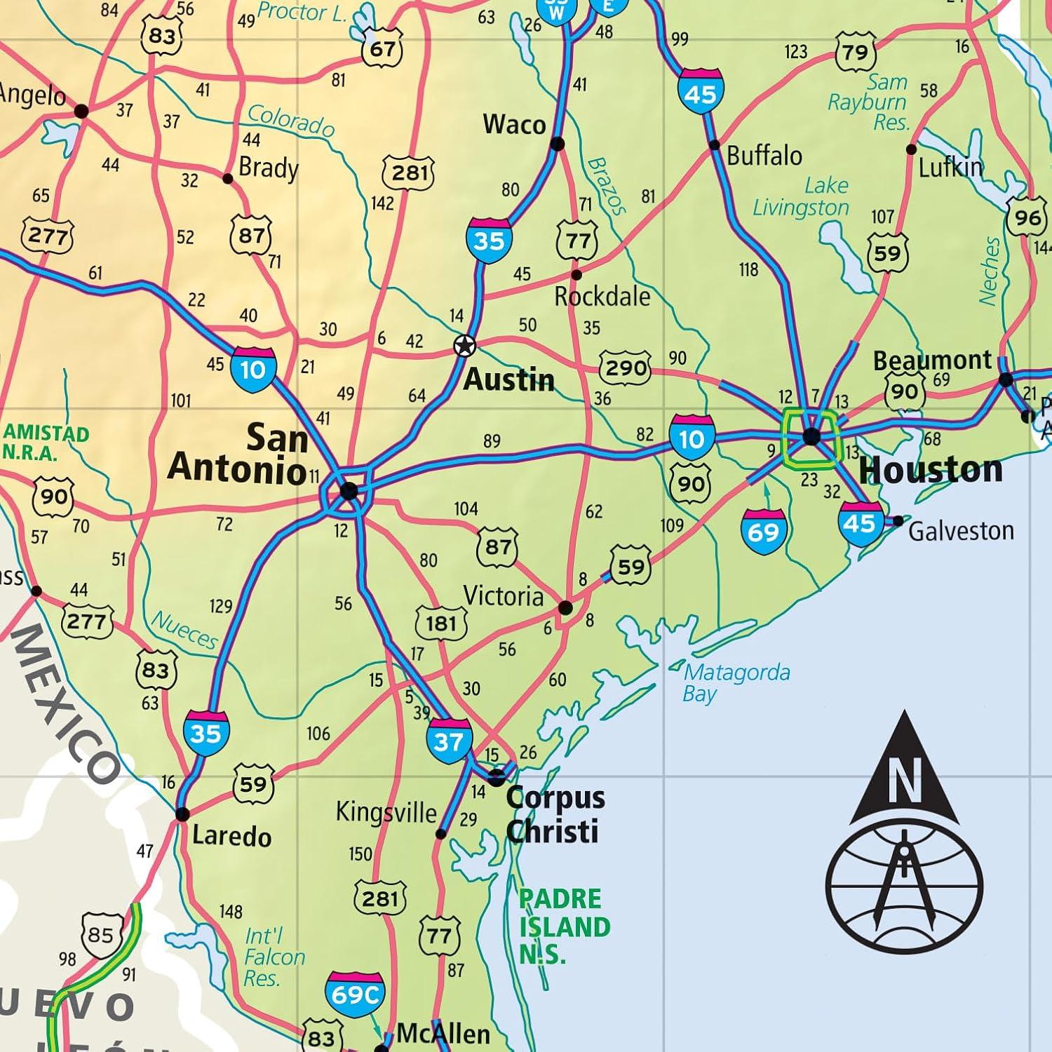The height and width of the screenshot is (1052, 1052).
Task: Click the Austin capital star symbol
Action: tap(464, 346)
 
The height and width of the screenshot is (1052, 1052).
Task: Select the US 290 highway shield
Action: tap(624, 367)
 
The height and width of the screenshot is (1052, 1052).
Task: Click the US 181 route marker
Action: tap(441, 623)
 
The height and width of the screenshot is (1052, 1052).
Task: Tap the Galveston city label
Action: tap(961, 531)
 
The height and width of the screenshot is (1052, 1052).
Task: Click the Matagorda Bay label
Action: tap(736, 682)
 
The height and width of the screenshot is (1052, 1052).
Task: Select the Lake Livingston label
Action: tap(802, 197)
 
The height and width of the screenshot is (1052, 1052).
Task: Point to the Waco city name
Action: tap(514, 125)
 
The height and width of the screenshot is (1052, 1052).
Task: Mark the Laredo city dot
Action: tap(182, 814)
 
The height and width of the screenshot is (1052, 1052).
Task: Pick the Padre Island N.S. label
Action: tap(564, 926)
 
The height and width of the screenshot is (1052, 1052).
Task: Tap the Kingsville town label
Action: tap(386, 812)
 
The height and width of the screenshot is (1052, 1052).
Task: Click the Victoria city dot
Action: tap(565, 607)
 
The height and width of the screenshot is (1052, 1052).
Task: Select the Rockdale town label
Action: tap(602, 297)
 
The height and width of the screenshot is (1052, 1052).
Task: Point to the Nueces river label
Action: tap(184, 630)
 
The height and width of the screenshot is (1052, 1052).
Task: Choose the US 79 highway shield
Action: tap(855, 51)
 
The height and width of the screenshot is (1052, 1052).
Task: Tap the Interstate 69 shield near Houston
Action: tap(763, 532)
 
